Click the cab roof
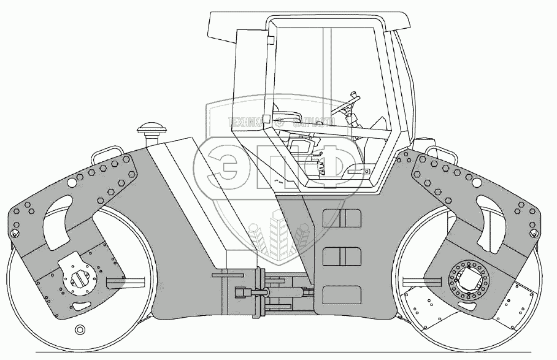307,23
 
